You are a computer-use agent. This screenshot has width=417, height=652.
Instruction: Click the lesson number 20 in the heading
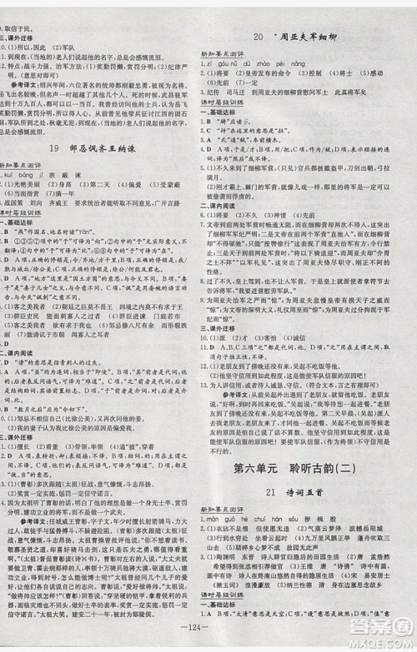[258, 37]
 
